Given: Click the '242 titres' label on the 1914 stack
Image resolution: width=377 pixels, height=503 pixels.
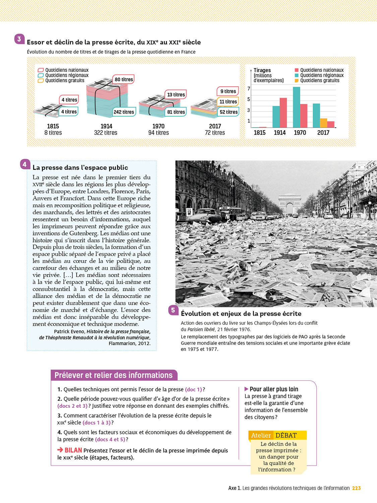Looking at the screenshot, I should (x=124, y=112).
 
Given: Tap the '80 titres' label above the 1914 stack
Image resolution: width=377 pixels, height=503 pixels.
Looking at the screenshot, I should (x=124, y=79).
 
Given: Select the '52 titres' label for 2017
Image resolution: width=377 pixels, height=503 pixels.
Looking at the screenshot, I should (x=229, y=112).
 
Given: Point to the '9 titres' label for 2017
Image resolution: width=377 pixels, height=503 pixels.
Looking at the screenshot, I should (x=228, y=91).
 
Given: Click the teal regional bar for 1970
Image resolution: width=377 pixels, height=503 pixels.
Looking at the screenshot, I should (x=296, y=107).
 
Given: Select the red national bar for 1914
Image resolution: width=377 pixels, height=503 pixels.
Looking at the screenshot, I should (x=283, y=112).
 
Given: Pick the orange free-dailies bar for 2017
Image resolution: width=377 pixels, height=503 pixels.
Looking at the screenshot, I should (x=323, y=123).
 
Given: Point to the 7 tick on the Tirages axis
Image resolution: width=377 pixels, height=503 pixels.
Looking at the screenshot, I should (x=249, y=89).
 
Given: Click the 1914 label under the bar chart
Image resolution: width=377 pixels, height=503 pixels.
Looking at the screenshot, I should (x=279, y=133).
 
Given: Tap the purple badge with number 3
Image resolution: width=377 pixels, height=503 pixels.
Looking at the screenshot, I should (x=19, y=39).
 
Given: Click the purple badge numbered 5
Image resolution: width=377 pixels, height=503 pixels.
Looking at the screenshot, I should (x=173, y=310).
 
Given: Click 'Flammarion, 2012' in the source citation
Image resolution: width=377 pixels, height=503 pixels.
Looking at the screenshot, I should (x=129, y=343).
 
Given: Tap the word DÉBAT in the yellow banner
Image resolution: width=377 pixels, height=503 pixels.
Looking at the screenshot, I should (x=286, y=435).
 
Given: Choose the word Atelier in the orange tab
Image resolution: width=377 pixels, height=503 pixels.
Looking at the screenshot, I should (x=261, y=435).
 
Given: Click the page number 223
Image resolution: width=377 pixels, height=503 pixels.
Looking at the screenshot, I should (x=356, y=488).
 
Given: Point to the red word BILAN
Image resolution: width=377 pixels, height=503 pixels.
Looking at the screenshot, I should (x=73, y=450).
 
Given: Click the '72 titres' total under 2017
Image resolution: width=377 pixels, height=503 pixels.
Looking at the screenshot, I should (x=215, y=133).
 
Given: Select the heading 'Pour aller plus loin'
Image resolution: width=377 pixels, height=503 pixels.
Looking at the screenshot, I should (x=273, y=389).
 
